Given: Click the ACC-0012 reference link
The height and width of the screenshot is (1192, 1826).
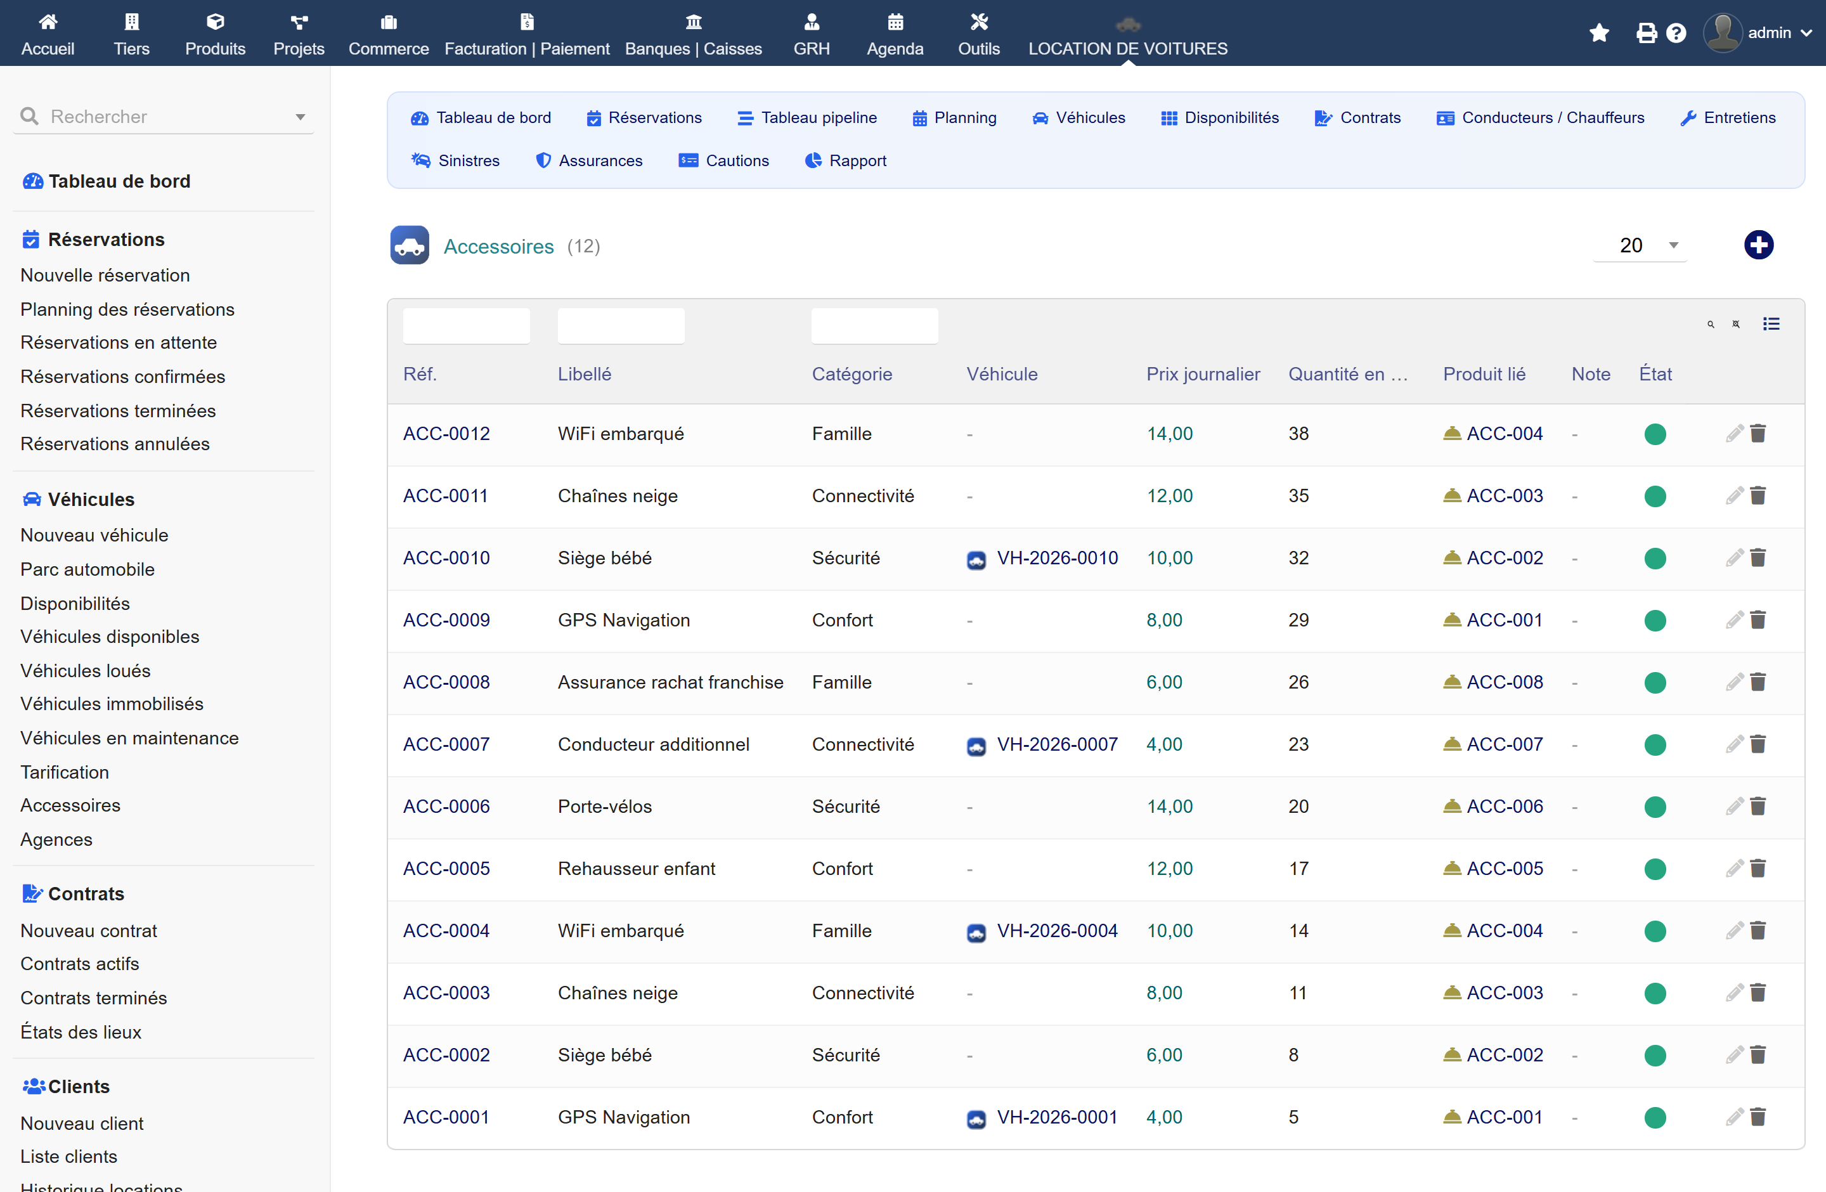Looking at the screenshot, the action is [x=446, y=434].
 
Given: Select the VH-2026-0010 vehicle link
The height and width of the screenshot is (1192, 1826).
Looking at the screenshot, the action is [x=1057, y=558].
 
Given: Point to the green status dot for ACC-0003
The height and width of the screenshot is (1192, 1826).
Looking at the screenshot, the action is [x=1655, y=994].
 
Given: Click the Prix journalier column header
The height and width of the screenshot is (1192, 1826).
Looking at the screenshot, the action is [x=1203, y=373].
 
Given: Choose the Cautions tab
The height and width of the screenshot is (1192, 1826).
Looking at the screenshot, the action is [x=724, y=160].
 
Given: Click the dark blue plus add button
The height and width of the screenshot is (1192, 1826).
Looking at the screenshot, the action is [x=1759, y=245].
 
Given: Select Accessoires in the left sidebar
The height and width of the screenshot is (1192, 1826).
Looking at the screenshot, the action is [x=70, y=805].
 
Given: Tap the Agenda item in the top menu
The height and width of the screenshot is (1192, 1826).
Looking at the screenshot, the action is [x=895, y=34].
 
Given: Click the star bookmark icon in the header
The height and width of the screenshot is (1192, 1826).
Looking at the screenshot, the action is [x=1599, y=33].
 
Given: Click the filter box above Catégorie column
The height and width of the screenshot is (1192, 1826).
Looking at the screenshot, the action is [x=874, y=325].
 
